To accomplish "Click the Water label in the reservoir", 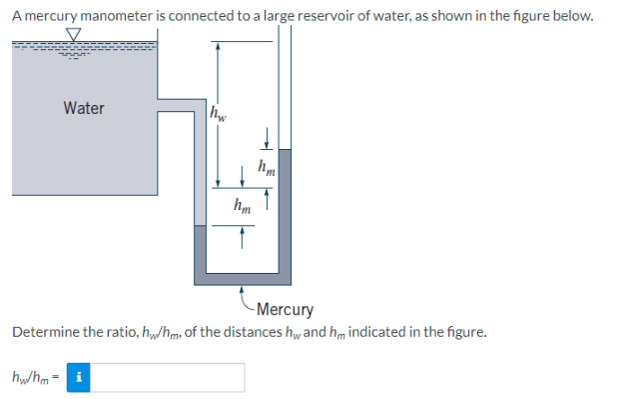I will [x=84, y=108].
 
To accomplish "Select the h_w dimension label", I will [x=217, y=113].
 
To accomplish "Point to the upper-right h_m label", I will [x=266, y=169].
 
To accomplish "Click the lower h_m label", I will [x=241, y=207].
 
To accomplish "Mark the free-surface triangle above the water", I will [x=72, y=34].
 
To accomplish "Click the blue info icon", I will [x=80, y=377].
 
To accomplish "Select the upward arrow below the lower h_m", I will [x=241, y=238].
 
